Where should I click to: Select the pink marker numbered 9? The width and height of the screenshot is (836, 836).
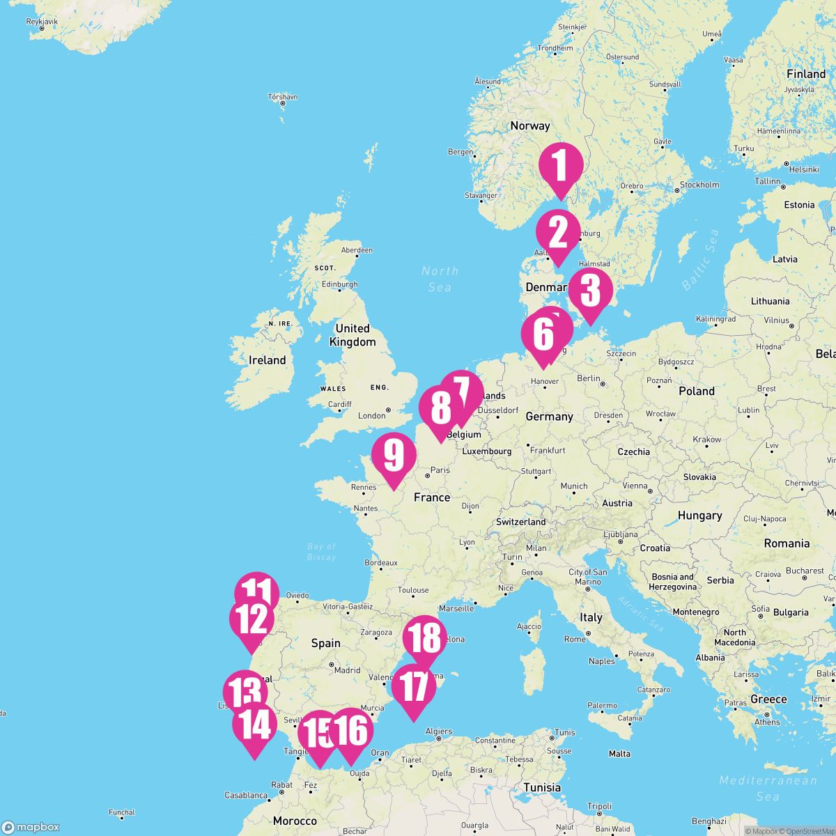pos(394,456)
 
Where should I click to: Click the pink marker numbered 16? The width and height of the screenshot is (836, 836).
pos(350,731)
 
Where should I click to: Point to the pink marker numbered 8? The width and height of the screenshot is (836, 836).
pos(440,410)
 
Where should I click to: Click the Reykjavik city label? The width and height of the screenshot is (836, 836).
pos(41,22)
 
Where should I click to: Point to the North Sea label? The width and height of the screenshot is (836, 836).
pos(440,279)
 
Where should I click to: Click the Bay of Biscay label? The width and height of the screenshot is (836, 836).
pos(321,552)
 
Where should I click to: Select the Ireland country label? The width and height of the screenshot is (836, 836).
pos(268,360)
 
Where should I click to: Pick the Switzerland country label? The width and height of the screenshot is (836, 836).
pos(520,522)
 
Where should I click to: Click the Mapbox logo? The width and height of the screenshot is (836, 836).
pos(31,826)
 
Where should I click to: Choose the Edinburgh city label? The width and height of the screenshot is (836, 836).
pos(340,284)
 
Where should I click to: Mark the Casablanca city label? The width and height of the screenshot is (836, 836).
pos(247,795)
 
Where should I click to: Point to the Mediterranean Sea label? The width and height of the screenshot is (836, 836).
pos(767,788)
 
